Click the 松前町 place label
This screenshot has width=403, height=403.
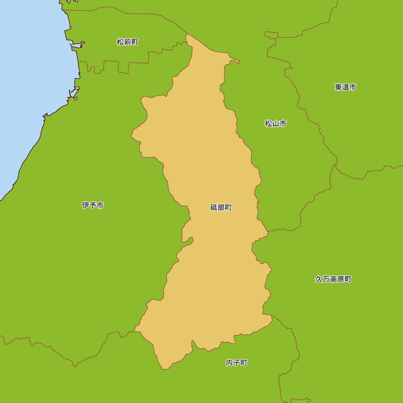click(x=127, y=42)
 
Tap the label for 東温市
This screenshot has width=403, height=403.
click(x=345, y=87)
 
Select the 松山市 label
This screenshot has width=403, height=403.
click(x=276, y=124)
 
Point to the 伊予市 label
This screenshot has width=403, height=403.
click(x=93, y=206)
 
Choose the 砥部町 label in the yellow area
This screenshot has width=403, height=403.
click(x=221, y=208)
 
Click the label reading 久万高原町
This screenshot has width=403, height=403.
click(x=333, y=279)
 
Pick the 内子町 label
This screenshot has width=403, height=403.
click(x=237, y=363)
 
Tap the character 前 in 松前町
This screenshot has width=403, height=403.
click(x=127, y=42)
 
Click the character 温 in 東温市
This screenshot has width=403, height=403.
click(x=345, y=87)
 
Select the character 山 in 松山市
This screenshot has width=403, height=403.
click(x=276, y=124)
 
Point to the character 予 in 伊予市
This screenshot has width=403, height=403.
click(x=93, y=206)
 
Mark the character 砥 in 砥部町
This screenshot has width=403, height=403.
click(x=214, y=208)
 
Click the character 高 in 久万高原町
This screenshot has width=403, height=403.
click(x=333, y=279)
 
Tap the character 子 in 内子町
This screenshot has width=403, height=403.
click(x=237, y=363)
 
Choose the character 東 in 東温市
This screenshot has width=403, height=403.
click(x=338, y=87)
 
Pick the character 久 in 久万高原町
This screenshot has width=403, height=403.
click(x=319, y=279)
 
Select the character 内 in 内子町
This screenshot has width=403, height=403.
click(x=229, y=363)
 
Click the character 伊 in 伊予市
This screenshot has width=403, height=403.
click(x=85, y=206)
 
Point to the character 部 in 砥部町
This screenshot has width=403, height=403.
click(x=221, y=208)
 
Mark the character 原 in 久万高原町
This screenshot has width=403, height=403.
click(x=341, y=279)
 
